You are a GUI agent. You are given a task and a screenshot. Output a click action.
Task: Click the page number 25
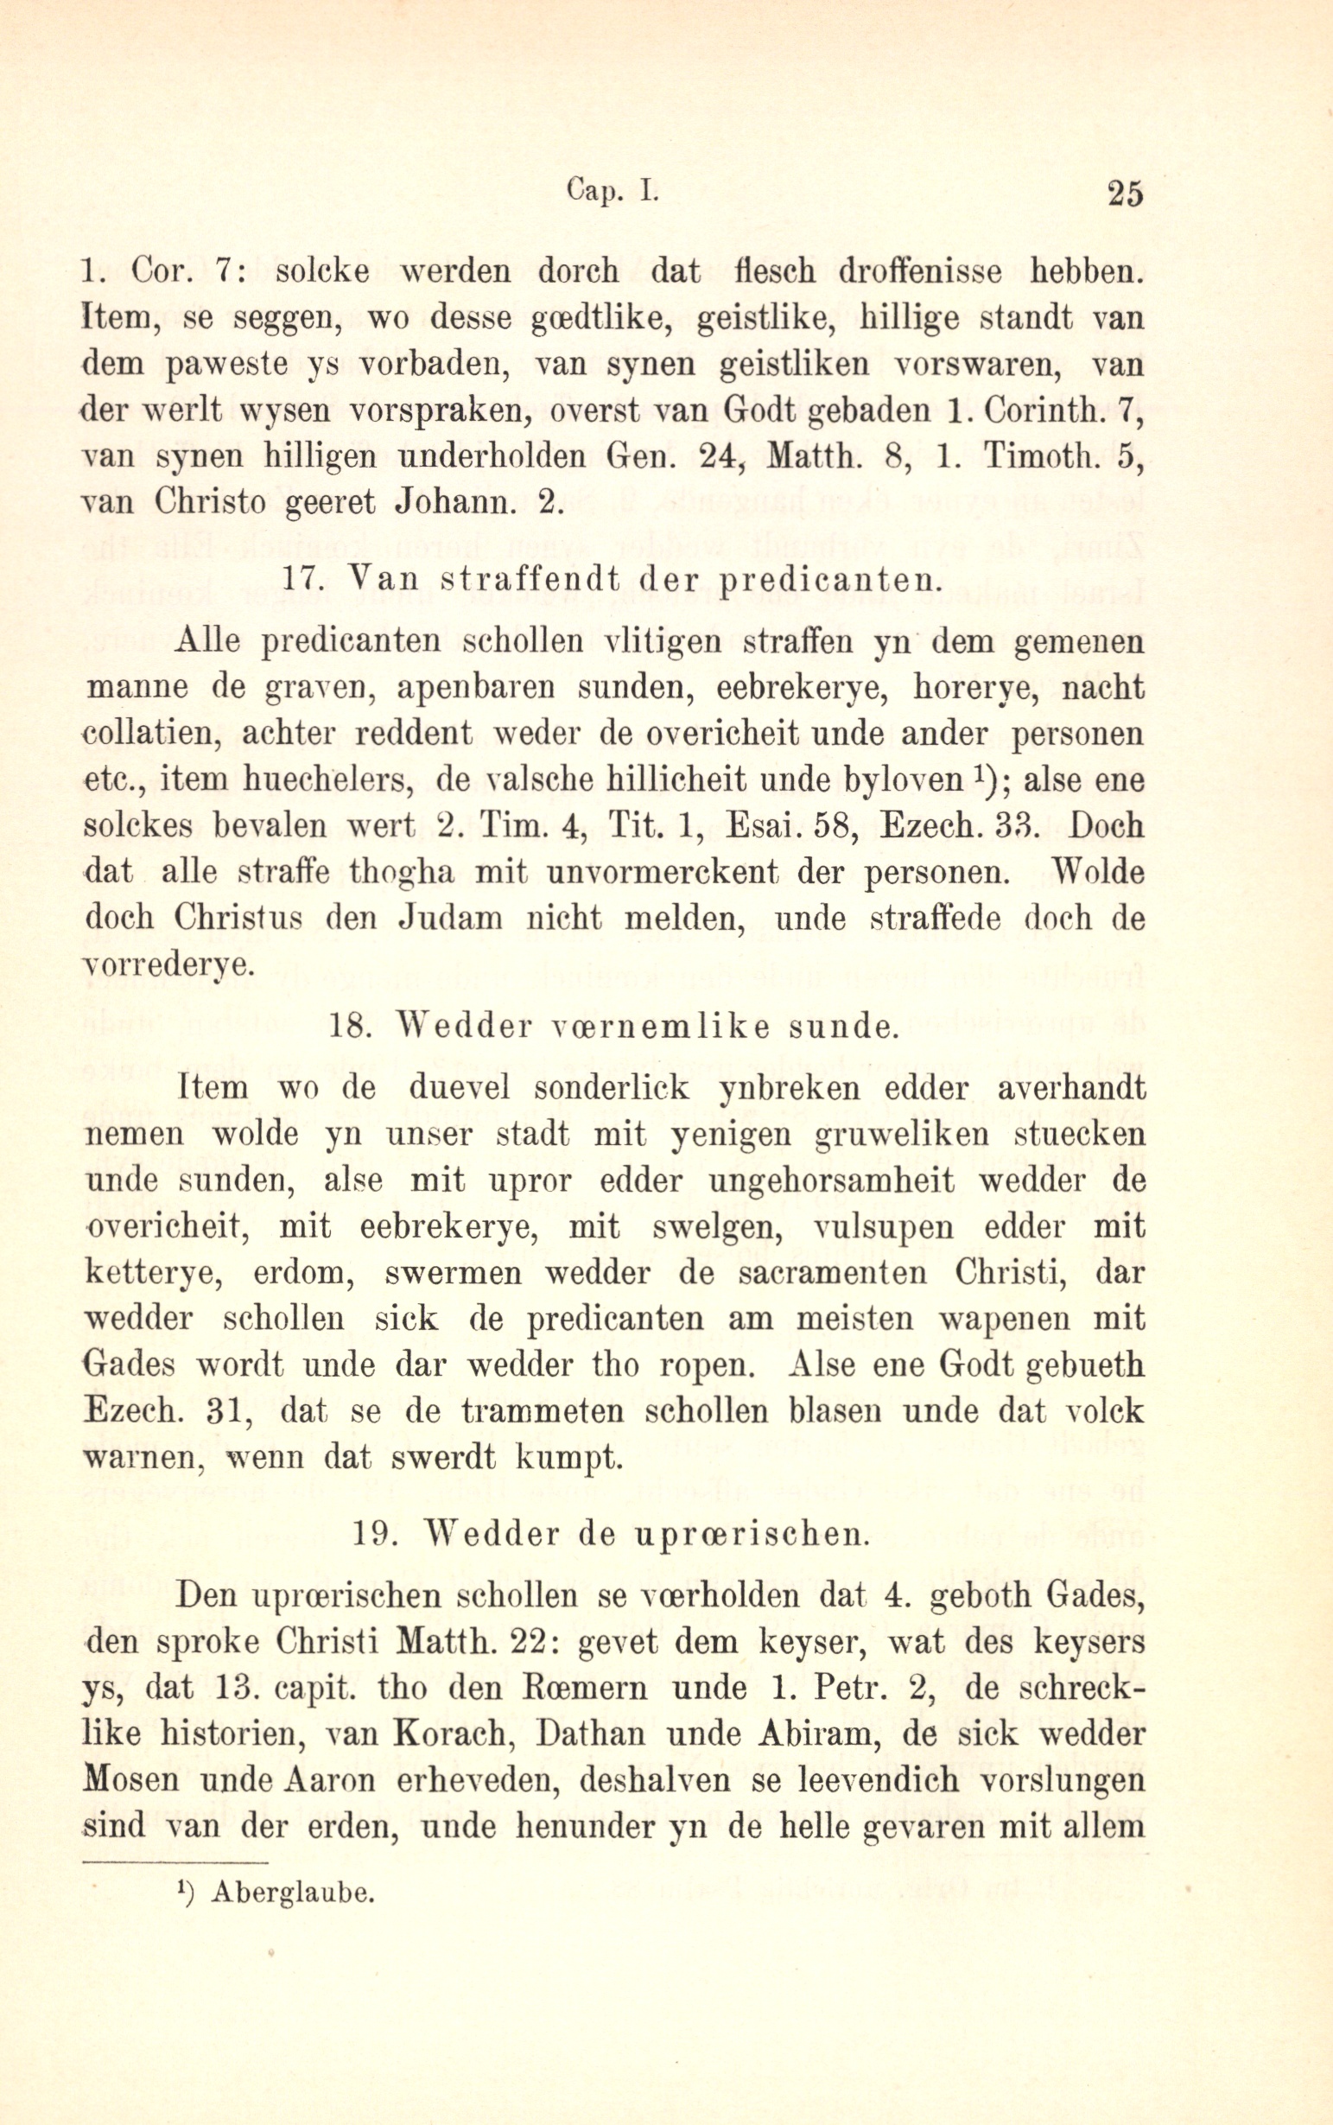click(x=1124, y=193)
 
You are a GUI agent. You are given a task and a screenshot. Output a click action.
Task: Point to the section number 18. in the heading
click(x=350, y=1027)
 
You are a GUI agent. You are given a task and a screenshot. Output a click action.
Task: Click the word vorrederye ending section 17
click(x=168, y=965)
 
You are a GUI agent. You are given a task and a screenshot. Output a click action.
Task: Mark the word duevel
click(x=460, y=1087)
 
